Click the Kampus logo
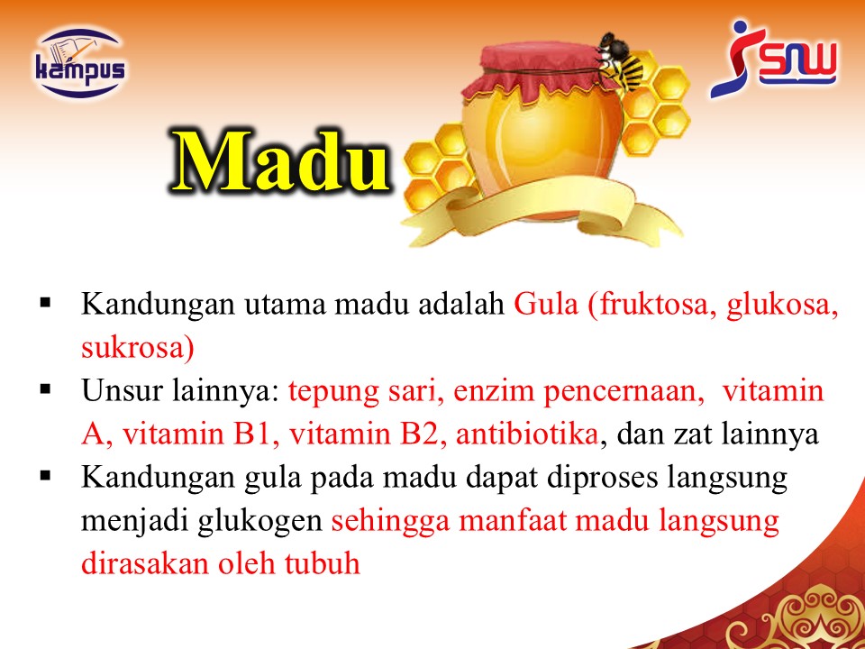tap(80, 63)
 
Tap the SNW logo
tap(773, 59)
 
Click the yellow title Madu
tap(279, 162)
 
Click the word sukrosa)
tap(137, 349)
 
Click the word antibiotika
tap(527, 434)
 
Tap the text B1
tap(252, 434)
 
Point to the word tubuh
tap(323, 563)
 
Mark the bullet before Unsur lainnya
tap(45, 389)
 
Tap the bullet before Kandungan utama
tap(45, 303)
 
